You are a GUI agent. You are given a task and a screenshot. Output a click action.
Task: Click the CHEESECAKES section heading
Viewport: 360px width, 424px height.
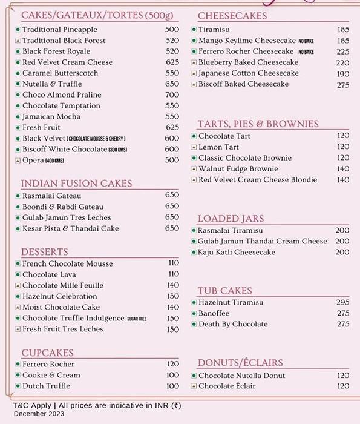pyautogui.click(x=232, y=15)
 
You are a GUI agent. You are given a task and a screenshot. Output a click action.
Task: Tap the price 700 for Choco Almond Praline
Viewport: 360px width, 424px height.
pyautogui.click(x=172, y=95)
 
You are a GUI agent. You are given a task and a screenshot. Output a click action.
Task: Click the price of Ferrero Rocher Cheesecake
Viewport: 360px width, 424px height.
pyautogui.click(x=343, y=51)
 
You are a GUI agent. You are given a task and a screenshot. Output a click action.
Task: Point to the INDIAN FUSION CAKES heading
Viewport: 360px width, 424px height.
pyautogui.click(x=76, y=183)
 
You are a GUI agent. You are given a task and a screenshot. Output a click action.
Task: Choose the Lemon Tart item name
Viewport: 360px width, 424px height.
pyautogui.click(x=218, y=147)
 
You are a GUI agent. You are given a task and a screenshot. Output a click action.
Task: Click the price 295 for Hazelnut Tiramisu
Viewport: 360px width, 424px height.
pyautogui.click(x=343, y=302)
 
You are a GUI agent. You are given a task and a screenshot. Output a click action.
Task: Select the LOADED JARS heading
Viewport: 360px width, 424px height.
pyautogui.click(x=231, y=218)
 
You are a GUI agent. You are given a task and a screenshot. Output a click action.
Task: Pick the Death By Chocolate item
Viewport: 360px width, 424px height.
pyautogui.click(x=233, y=324)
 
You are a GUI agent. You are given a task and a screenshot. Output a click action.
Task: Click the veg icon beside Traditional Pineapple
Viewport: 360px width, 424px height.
pyautogui.click(x=17, y=30)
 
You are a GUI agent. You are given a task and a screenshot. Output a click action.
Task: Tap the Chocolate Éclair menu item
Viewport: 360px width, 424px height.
pyautogui.click(x=227, y=386)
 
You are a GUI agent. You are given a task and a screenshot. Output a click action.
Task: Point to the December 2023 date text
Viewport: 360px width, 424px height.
pyautogui.click(x=39, y=414)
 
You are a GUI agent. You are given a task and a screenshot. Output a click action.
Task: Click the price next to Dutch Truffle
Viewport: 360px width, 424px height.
pyautogui.click(x=172, y=386)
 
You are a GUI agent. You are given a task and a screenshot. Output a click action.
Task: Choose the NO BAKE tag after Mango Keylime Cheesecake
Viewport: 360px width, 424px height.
pyautogui.click(x=306, y=41)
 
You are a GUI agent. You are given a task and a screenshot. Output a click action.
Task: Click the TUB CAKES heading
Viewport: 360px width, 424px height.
pyautogui.click(x=224, y=291)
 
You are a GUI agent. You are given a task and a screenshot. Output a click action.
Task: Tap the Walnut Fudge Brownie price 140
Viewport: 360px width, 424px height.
pyautogui.click(x=343, y=169)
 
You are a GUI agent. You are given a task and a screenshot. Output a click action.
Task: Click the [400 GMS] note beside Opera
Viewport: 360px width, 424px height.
pyautogui.click(x=54, y=161)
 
